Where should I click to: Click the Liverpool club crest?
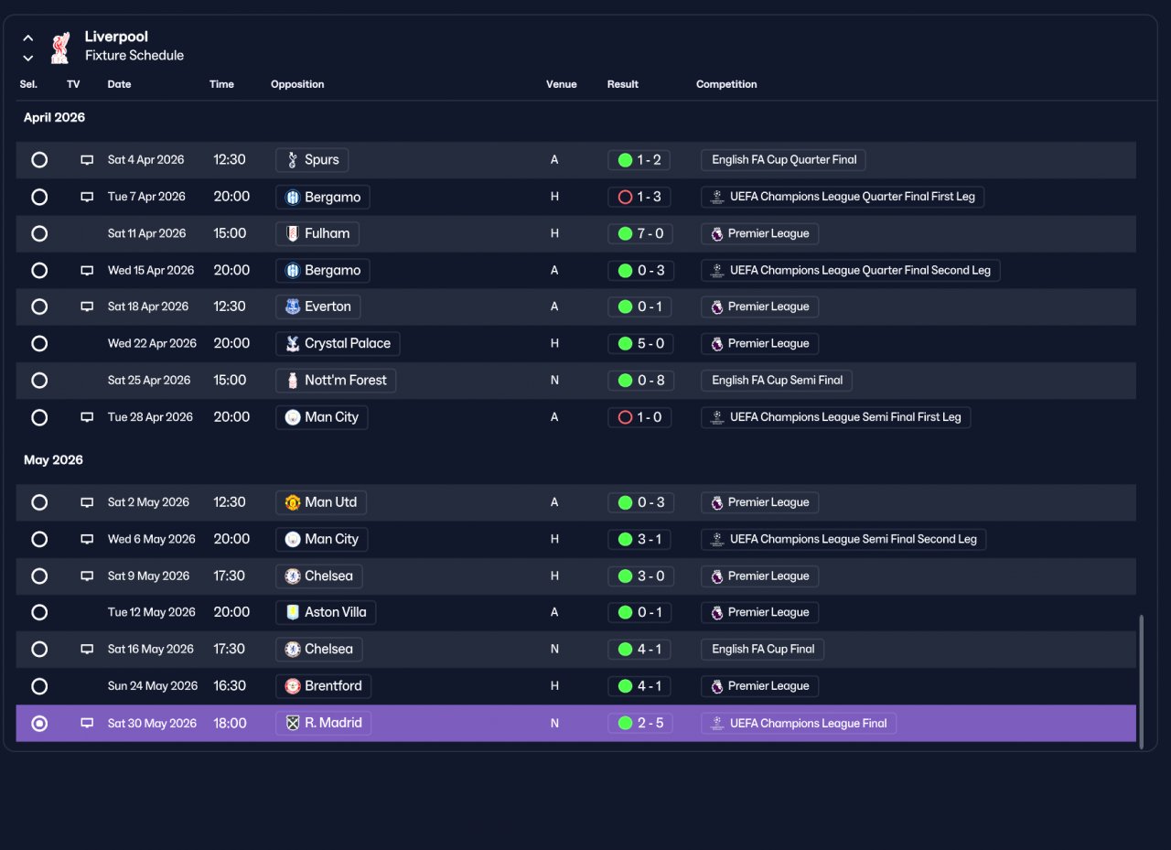pos(60,48)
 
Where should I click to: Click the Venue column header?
pos(561,84)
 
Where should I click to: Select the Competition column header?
pos(726,84)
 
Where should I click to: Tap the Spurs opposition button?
pos(312,160)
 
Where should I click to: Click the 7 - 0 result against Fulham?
pos(639,233)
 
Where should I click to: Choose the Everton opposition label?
pos(317,307)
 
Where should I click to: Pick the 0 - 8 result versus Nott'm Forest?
pos(641,381)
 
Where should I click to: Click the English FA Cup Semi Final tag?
pos(777,381)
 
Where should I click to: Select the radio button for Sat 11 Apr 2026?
pos(39,233)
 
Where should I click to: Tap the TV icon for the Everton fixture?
pos(87,307)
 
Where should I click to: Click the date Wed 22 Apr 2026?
pos(152,343)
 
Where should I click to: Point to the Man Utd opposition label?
pos(321,502)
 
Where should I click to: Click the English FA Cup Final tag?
pos(762,650)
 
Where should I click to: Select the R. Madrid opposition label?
pos(323,723)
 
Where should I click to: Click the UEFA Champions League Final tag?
pos(799,724)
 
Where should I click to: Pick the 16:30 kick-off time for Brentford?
pos(229,686)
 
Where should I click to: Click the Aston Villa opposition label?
pos(326,612)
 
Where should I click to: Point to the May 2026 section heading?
pos(53,460)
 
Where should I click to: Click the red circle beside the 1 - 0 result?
pos(625,418)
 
